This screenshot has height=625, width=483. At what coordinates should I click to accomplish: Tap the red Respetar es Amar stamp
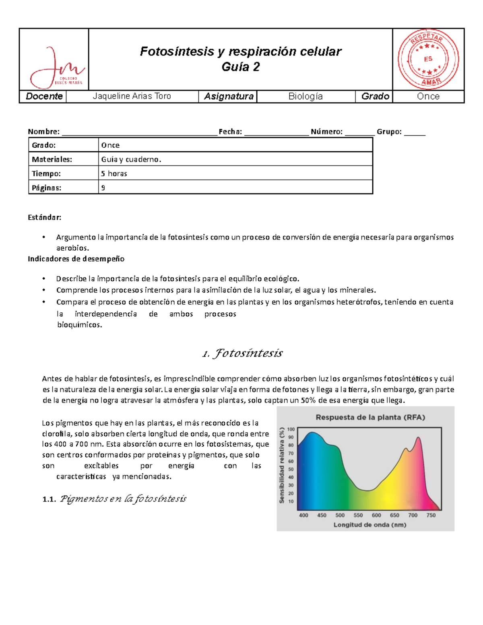[x=428, y=59]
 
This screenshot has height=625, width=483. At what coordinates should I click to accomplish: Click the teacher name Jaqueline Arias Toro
[x=132, y=96]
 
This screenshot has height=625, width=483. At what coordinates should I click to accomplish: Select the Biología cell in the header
[x=305, y=96]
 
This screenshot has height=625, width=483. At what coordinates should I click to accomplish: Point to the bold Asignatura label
[x=228, y=96]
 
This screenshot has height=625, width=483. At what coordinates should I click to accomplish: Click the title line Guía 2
[x=241, y=67]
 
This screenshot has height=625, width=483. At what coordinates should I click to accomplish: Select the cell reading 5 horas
[x=114, y=173]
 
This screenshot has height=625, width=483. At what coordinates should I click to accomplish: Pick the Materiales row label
[x=52, y=159]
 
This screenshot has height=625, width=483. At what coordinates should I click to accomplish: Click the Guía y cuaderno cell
[x=131, y=159]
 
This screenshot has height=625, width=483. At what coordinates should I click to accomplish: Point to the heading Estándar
[x=44, y=217]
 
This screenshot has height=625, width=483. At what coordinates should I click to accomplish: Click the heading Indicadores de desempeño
[x=76, y=259]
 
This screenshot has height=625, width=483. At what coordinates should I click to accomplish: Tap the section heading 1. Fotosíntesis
[x=242, y=353]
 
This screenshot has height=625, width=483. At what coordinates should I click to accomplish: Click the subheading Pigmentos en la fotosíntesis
[x=123, y=499]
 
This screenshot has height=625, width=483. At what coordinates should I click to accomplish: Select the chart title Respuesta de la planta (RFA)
[x=370, y=417]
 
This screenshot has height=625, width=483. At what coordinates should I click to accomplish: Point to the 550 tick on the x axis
[x=358, y=515]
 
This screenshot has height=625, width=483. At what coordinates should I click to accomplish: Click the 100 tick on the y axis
[x=291, y=429]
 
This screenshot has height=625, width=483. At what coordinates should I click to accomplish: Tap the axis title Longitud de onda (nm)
[x=369, y=525]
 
